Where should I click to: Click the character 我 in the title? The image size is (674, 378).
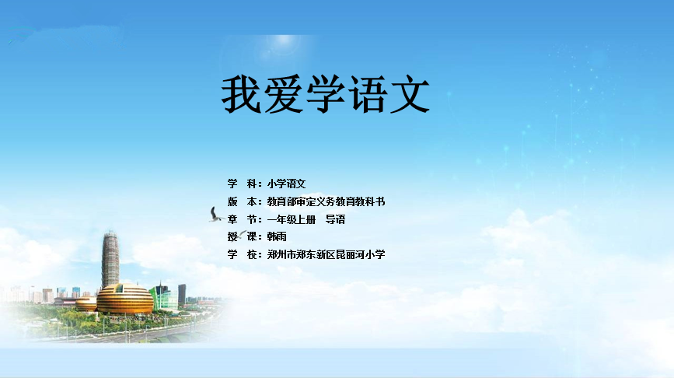click(241, 95)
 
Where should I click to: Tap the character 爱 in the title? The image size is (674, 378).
click(283, 95)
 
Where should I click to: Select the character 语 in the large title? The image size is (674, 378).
click(368, 95)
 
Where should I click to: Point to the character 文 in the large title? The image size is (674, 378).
click(410, 95)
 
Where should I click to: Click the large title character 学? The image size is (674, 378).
click(326, 95)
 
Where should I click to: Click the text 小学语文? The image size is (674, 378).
click(286, 184)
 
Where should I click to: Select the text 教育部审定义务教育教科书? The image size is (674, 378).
click(326, 201)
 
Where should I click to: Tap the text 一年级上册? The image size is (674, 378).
click(292, 220)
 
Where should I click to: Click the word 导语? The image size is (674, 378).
click(335, 220)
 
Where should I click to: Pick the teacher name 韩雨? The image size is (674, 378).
click(277, 236)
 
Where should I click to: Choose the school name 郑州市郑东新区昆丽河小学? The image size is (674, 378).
click(326, 254)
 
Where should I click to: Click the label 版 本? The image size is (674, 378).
click(243, 201)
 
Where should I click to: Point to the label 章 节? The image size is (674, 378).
click(243, 220)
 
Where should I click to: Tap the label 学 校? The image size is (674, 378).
click(243, 254)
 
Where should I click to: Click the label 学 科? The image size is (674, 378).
click(243, 184)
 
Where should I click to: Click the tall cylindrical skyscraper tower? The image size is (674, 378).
click(110, 259)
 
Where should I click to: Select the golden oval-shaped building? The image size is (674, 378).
click(124, 299)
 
